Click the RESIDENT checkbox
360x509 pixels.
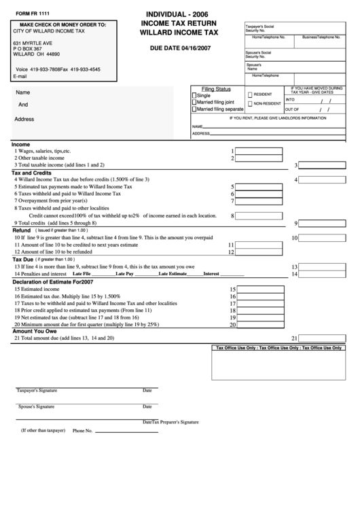[x=250, y=94]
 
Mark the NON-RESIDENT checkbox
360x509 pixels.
[x=250, y=104]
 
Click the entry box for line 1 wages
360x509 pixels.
[x=259, y=152]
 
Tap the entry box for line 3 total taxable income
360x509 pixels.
[x=323, y=165]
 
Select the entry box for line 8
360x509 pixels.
[x=259, y=216]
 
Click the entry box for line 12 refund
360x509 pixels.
[x=259, y=252]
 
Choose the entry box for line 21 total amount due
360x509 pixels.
[x=323, y=338]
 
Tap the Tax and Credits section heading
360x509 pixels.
[x=32, y=173]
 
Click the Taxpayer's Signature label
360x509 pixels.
[x=37, y=391]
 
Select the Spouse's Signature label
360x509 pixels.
[x=36, y=406]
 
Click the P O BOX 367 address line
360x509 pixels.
[x=28, y=49]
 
